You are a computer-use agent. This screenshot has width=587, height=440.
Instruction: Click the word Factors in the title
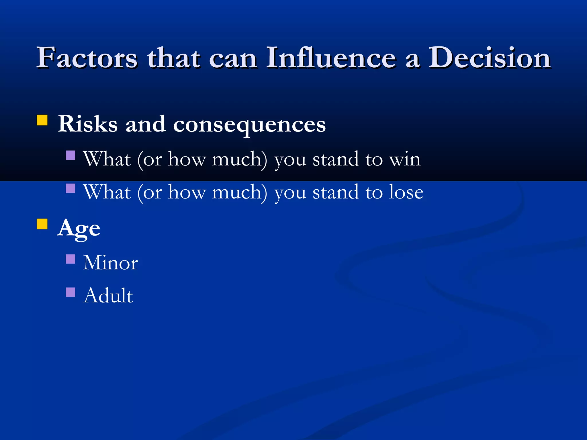point(87,58)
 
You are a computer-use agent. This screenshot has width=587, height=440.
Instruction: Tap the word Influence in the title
point(331,58)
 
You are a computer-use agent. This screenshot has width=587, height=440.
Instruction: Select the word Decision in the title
point(489,58)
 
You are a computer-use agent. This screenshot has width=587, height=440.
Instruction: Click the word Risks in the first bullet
point(88,124)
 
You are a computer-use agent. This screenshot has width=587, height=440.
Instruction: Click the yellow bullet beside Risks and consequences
point(42,120)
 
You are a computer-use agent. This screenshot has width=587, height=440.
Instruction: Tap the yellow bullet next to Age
point(42,224)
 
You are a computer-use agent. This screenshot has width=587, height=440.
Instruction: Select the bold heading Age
point(79,229)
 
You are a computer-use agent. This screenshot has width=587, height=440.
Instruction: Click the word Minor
point(110,263)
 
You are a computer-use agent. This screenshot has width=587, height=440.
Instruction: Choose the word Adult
point(108,295)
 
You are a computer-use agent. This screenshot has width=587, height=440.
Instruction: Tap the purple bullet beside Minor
point(71,259)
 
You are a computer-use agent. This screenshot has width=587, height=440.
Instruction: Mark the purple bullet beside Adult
point(71,292)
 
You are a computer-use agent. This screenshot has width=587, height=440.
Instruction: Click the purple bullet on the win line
point(71,155)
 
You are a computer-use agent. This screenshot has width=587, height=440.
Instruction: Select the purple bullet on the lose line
point(71,188)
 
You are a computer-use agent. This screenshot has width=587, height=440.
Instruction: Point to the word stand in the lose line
point(335,192)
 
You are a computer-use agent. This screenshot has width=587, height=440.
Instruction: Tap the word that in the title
point(173,58)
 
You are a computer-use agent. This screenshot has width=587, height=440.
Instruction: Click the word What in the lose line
point(107,192)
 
